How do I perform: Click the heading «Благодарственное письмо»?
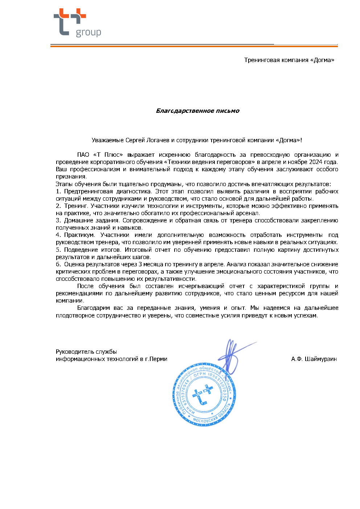197,111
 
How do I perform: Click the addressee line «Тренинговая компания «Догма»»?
289,60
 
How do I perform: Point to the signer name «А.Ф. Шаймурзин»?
314,359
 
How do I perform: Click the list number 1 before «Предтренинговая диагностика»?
58,191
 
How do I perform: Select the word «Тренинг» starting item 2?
76,206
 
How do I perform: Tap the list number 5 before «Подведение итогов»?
58,250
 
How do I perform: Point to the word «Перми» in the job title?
159,359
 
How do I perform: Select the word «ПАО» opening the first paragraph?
83,155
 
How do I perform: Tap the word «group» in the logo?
88,33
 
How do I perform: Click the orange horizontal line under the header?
194,46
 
